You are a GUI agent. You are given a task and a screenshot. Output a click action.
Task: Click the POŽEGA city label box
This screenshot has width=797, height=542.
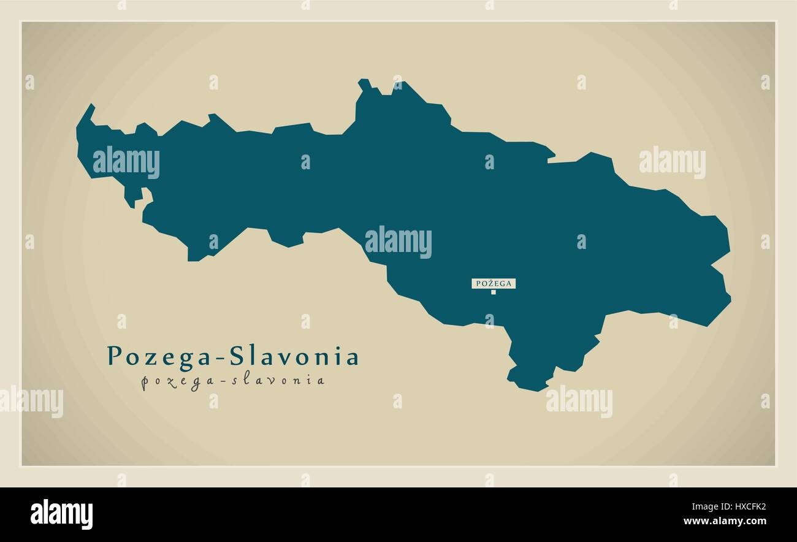tap(494, 283)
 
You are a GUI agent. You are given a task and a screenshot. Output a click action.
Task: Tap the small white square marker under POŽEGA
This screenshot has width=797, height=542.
tap(493, 292)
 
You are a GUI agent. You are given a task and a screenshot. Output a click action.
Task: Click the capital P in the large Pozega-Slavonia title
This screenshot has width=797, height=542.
tap(114, 356)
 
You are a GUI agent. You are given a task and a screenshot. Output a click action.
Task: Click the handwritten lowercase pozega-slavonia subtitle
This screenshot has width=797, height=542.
tap(233, 381)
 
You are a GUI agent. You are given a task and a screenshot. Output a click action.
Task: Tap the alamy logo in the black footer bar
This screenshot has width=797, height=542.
tap(62, 514)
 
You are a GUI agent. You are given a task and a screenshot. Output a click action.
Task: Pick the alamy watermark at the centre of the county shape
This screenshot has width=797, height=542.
tap(398, 242)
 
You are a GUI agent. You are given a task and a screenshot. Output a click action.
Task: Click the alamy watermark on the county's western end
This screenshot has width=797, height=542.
tap(126, 162)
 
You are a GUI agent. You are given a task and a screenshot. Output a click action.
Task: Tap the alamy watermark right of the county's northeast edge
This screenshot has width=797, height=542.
tap(672, 162)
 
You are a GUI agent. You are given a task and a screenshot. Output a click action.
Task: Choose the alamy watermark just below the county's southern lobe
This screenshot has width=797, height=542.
tap(579, 402)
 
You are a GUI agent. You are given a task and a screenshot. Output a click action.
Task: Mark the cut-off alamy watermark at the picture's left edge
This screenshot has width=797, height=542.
tap(31, 402)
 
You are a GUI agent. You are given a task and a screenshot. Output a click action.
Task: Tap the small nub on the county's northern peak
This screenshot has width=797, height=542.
tap(365, 83)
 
